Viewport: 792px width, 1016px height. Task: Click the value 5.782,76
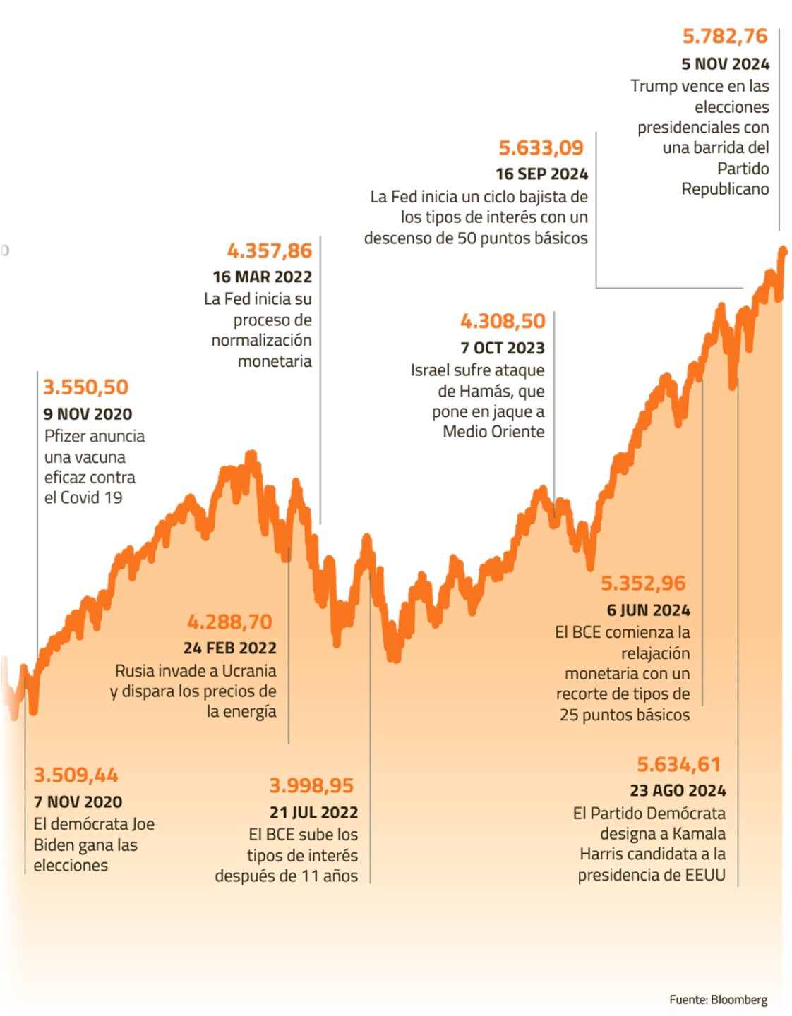pos(724,36)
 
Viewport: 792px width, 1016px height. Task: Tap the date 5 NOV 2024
pos(725,64)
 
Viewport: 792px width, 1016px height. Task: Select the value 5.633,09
pos(541,147)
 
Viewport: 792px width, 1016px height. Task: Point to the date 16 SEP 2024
pos(541,174)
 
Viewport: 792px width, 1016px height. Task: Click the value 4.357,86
pos(269,250)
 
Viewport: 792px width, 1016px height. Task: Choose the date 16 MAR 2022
pos(262,277)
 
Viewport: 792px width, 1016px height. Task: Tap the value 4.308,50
pos(503,321)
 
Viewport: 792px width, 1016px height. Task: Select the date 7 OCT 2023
pos(503,349)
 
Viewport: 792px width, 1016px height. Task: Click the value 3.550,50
pos(85,387)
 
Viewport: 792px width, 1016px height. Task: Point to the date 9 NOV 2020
pos(88,414)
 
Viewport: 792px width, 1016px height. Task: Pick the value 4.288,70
pos(229,622)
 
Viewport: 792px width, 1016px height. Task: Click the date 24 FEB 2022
pos(229,648)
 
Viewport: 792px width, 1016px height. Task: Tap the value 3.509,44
pos(76,775)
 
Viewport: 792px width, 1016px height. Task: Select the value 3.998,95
pos(311,785)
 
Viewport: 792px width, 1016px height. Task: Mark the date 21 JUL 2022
pos(313,813)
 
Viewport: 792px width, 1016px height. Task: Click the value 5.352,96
pos(643,583)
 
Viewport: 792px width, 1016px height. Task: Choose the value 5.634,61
pos(678,764)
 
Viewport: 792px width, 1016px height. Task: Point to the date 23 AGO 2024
pos(678,791)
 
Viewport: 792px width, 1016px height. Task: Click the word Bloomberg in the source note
pos(739,1000)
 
